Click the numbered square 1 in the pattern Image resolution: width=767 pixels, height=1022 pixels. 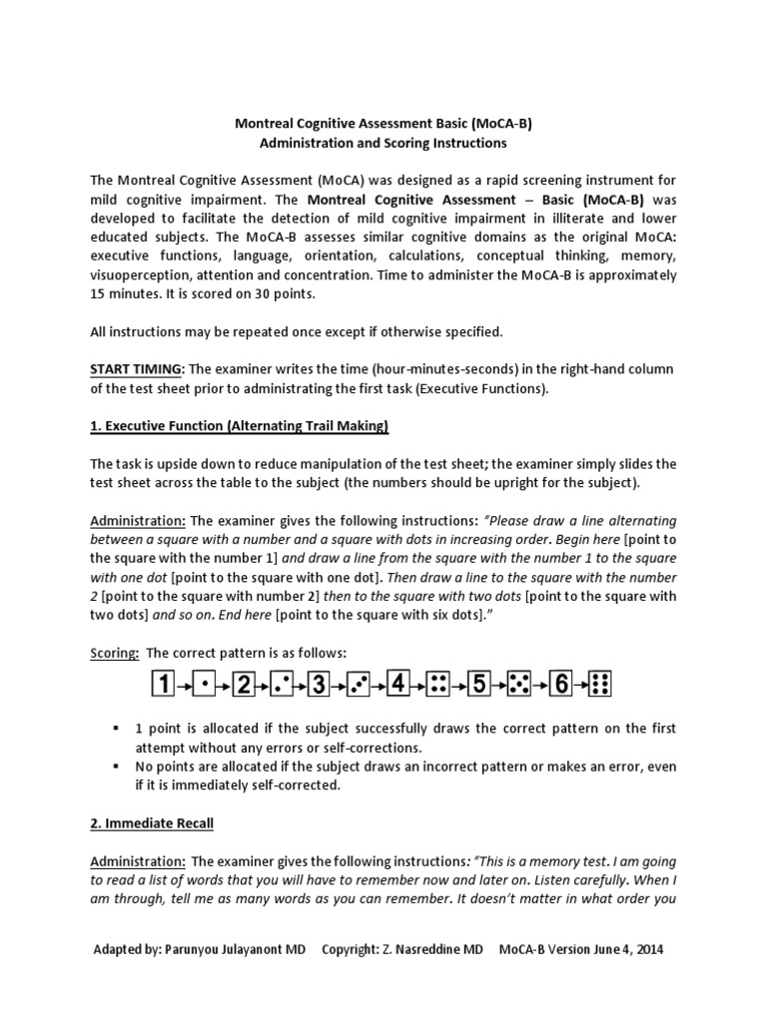point(163,685)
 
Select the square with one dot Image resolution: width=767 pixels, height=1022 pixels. point(204,685)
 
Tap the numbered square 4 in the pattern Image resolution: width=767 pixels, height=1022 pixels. point(398,685)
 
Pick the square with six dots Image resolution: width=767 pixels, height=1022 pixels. point(599,685)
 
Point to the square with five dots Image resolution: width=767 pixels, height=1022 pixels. point(519,685)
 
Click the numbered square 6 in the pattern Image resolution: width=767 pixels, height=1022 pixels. point(561,685)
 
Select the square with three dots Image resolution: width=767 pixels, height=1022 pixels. point(360,685)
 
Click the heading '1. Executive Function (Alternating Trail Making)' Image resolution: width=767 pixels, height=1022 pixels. point(239,426)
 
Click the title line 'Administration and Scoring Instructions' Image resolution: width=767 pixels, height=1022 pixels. point(383,144)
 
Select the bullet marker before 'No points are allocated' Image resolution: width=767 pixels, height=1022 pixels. point(117,766)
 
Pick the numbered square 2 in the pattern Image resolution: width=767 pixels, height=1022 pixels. point(243,685)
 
